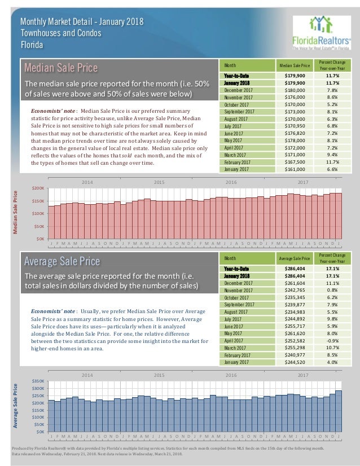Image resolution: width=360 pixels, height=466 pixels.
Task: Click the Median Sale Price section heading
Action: tap(61, 68)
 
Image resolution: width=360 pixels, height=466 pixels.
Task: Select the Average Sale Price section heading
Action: tap(62, 261)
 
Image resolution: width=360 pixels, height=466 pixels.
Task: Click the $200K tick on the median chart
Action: tap(38, 188)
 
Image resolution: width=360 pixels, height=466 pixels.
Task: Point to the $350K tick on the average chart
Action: tap(38, 382)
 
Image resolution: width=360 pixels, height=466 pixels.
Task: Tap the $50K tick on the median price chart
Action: tap(39, 226)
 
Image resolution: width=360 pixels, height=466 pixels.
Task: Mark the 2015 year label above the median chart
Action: tap(159, 182)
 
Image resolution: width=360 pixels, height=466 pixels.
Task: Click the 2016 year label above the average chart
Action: tap(231, 375)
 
